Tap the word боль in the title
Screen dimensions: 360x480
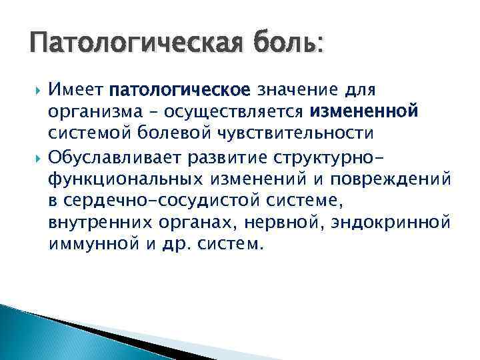(285, 46)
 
